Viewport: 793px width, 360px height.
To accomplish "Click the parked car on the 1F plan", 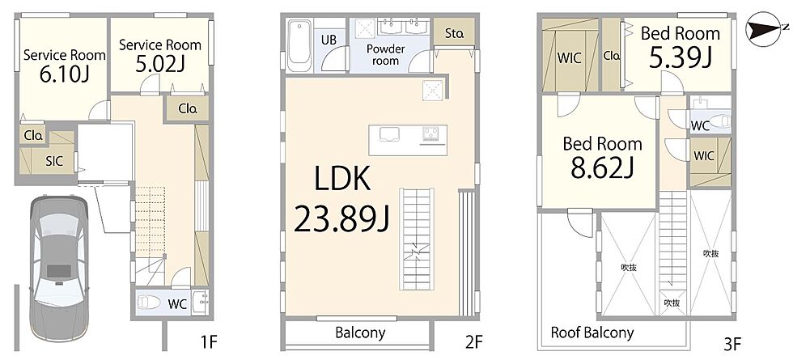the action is click(x=58, y=269).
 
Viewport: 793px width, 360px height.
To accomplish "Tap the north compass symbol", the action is click(x=764, y=29).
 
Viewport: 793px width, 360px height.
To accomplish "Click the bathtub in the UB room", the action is click(x=299, y=45).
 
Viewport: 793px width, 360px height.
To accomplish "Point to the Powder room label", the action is click(x=386, y=55).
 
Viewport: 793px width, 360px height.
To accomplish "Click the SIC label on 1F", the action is click(x=54, y=161).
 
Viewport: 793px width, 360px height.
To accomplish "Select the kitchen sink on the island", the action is click(x=389, y=134).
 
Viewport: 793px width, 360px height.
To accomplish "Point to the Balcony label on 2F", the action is click(x=360, y=332).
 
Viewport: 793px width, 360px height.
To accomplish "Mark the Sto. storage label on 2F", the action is click(x=454, y=34).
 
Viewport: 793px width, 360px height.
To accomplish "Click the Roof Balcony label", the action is click(x=592, y=332).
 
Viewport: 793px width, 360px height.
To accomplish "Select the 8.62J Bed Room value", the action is click(x=602, y=168).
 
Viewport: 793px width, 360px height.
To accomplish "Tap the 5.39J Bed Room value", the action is click(x=681, y=57).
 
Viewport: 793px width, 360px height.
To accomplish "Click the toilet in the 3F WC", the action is click(x=719, y=121).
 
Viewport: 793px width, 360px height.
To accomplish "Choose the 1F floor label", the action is click(x=209, y=343).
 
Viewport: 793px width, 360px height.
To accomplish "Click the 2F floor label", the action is click(x=474, y=343).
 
